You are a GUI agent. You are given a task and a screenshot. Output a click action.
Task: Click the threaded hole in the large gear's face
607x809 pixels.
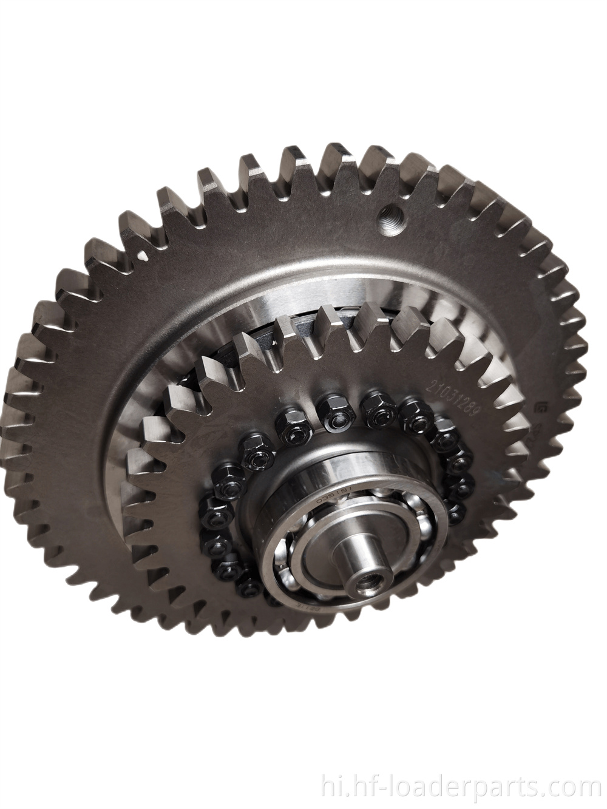tap(387, 215)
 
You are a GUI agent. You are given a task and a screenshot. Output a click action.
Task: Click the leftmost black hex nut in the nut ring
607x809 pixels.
tap(209, 504)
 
